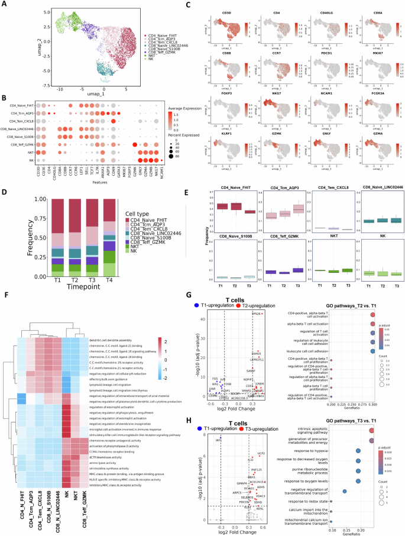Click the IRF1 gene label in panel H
pyautogui.click(x=218, y=440)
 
